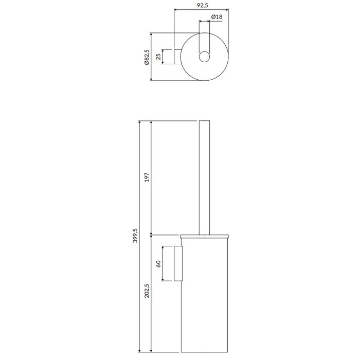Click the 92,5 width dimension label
tap(202, 5)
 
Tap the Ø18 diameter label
tap(217, 17)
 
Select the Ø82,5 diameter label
tap(147, 57)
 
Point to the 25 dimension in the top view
tap(158, 57)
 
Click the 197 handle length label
tap(147, 177)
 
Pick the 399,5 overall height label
tap(135, 236)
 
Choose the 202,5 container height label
tap(147, 291)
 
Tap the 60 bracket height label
tap(158, 264)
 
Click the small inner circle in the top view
tap(204, 57)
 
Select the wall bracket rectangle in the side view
tap(178, 263)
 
